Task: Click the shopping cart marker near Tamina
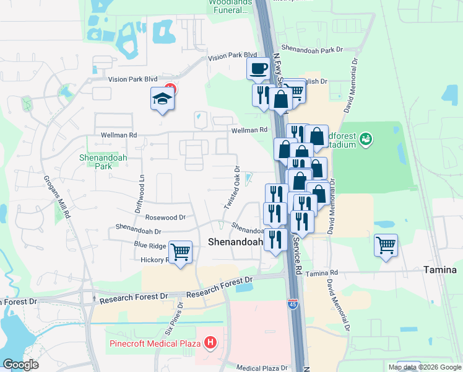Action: (x=386, y=244)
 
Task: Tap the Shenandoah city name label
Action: (x=235, y=242)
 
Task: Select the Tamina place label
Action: (x=439, y=270)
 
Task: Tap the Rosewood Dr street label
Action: (x=165, y=217)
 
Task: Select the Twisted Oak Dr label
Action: (x=231, y=187)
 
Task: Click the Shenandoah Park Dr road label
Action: (x=312, y=48)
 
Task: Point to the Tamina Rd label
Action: (x=322, y=273)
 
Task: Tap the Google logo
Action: (x=20, y=365)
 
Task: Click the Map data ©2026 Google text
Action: (x=424, y=367)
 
